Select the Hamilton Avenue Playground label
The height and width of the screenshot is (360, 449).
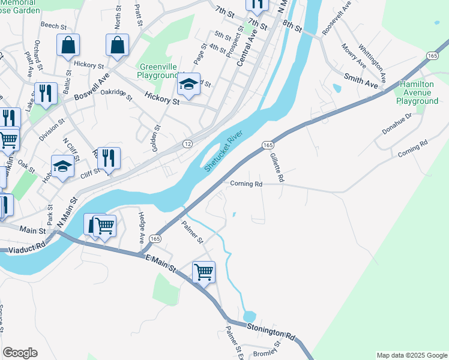(417, 93)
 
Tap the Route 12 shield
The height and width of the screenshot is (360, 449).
(188, 144)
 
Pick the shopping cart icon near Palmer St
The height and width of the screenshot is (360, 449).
(203, 271)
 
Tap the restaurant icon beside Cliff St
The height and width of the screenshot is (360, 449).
(109, 158)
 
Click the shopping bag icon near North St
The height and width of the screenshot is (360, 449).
(118, 44)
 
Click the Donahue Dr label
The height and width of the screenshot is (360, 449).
(398, 124)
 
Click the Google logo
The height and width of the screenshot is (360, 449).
(20, 353)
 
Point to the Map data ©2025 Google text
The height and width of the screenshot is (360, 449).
(411, 355)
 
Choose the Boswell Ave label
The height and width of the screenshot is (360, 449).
(91, 87)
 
